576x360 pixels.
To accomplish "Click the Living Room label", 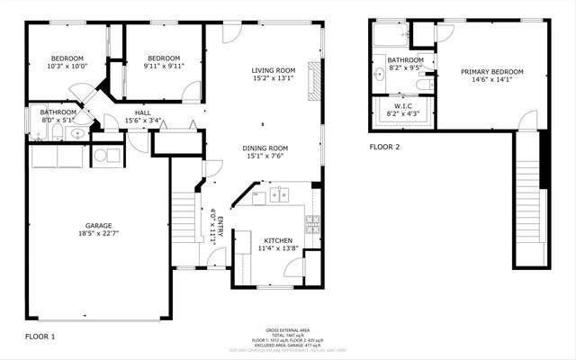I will [273, 70].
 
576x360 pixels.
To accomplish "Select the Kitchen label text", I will [275, 240].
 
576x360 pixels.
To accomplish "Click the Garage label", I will [97, 226].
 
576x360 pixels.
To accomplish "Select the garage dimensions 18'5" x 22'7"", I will [97, 235].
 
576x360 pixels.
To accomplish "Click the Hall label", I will [142, 112].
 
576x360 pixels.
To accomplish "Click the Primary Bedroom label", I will [492, 71].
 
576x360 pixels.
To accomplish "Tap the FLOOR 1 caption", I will [40, 336].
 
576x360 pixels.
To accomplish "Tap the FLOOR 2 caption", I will [384, 147].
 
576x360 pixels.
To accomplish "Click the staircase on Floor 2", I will [530, 198].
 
